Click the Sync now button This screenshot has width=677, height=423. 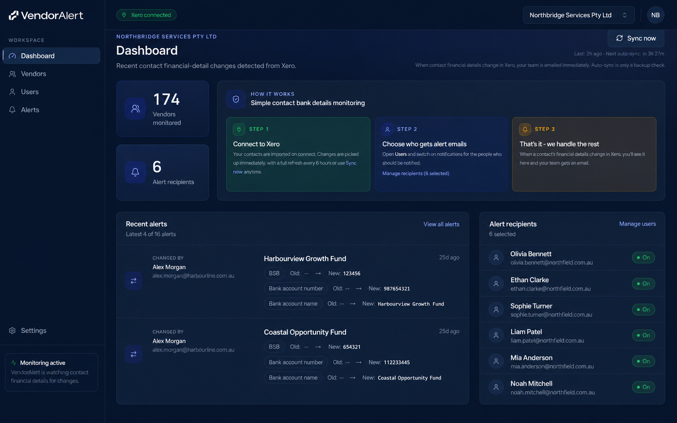point(636,38)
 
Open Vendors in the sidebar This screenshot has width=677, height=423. point(33,74)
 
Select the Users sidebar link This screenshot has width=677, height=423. point(29,92)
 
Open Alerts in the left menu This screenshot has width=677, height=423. point(30,110)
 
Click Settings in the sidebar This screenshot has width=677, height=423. point(33,330)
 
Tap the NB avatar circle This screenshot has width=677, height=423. point(655,15)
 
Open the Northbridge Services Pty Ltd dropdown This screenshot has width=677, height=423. point(578,15)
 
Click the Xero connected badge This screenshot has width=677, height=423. point(146,15)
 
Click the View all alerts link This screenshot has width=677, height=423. point(441,224)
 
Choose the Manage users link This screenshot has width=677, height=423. point(637,224)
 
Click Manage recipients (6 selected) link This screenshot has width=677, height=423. point(416,174)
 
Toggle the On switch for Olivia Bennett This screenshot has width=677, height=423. point(643,258)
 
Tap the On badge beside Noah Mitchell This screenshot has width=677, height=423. point(643,387)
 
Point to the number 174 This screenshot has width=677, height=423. point(166,99)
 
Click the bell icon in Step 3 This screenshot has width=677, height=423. point(525,129)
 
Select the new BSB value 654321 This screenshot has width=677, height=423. point(352,347)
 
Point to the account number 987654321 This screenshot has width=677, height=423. point(397,289)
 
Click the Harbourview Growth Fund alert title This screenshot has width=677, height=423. point(305,259)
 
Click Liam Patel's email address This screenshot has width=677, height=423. point(547,341)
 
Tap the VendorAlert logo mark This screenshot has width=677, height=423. point(14,15)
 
